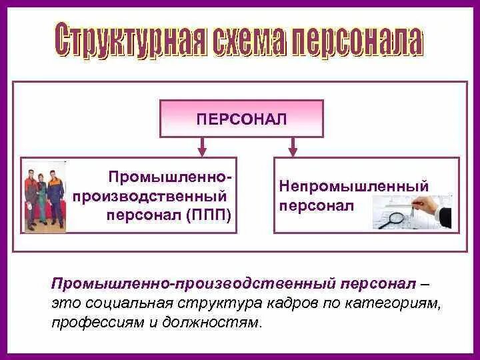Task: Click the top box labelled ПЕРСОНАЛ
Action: [241, 119]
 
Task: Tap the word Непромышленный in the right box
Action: [354, 187]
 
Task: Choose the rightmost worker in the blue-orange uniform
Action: [57, 199]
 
